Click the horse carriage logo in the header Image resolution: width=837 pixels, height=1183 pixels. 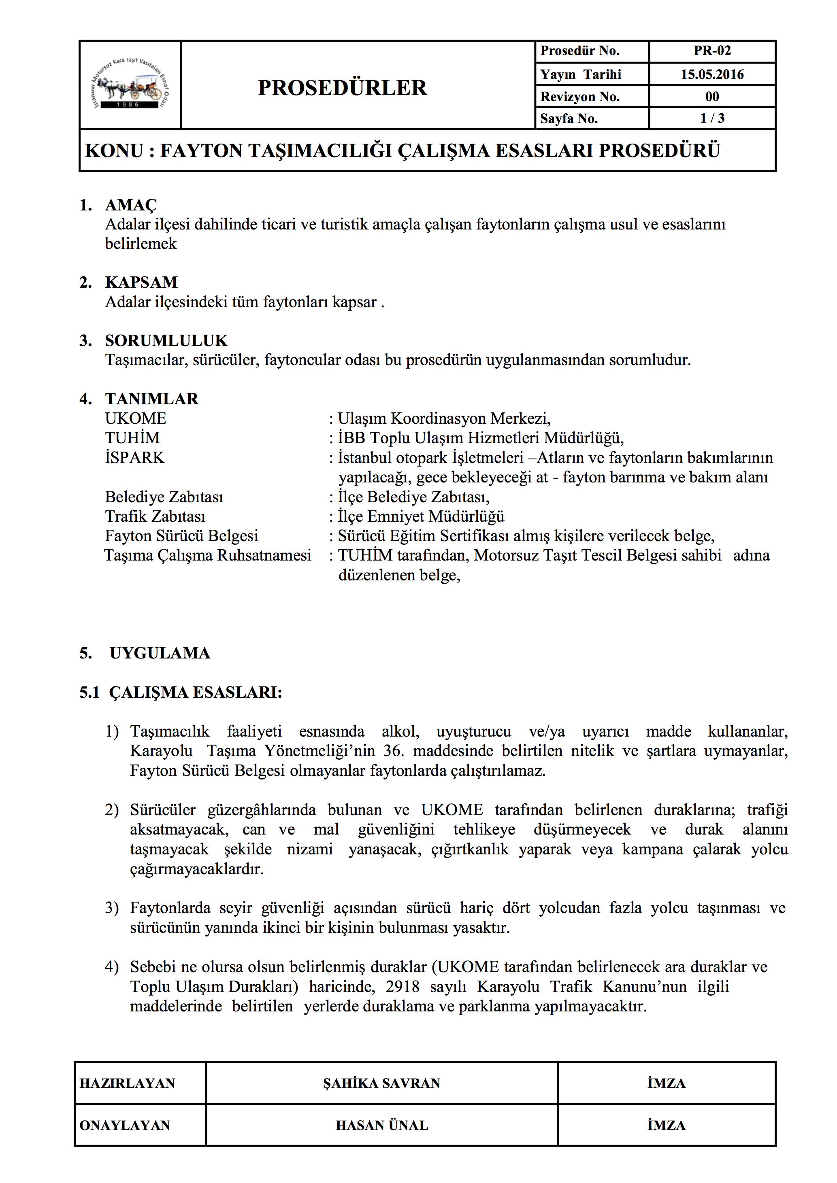point(130,85)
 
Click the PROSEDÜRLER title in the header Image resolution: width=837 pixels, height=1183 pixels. point(342,87)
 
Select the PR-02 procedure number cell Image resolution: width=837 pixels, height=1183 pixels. point(712,51)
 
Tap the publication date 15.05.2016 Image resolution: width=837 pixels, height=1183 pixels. point(712,74)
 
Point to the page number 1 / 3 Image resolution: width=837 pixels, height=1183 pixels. point(712,118)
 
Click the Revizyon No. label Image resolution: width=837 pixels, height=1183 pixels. point(580,96)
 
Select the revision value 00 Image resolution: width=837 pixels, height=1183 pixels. point(712,96)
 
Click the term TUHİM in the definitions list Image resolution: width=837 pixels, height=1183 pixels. point(132,438)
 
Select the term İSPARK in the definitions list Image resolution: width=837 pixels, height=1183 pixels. point(134,457)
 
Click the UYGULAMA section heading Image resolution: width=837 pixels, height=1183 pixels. point(160,653)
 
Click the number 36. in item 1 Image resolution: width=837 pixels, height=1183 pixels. point(393,751)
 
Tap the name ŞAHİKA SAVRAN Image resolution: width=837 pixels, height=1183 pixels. point(381,1083)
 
